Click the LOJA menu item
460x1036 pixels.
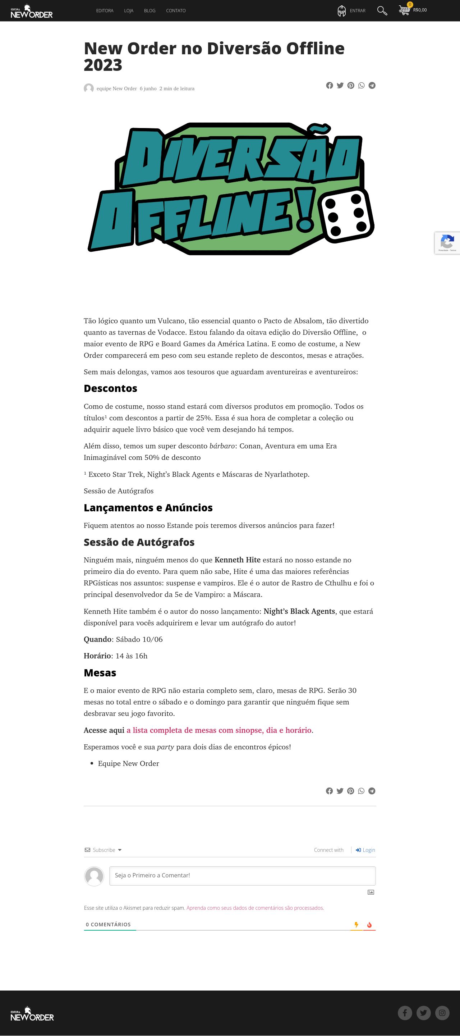[129, 11]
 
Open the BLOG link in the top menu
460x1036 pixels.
[149, 11]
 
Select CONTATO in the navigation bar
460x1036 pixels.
[176, 11]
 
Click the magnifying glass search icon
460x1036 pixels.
[382, 11]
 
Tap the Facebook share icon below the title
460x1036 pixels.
[329, 85]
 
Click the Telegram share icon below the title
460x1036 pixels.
[372, 85]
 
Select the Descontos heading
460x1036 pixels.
[111, 388]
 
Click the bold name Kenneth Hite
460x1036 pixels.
[237, 560]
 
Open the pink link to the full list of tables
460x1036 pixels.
[219, 730]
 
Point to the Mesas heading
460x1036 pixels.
[100, 673]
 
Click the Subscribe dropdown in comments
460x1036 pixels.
[104, 850]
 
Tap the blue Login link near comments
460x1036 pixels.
[365, 850]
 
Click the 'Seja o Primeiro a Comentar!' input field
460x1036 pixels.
[242, 876]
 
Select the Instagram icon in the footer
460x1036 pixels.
[442, 1013]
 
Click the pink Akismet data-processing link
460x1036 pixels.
[255, 908]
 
